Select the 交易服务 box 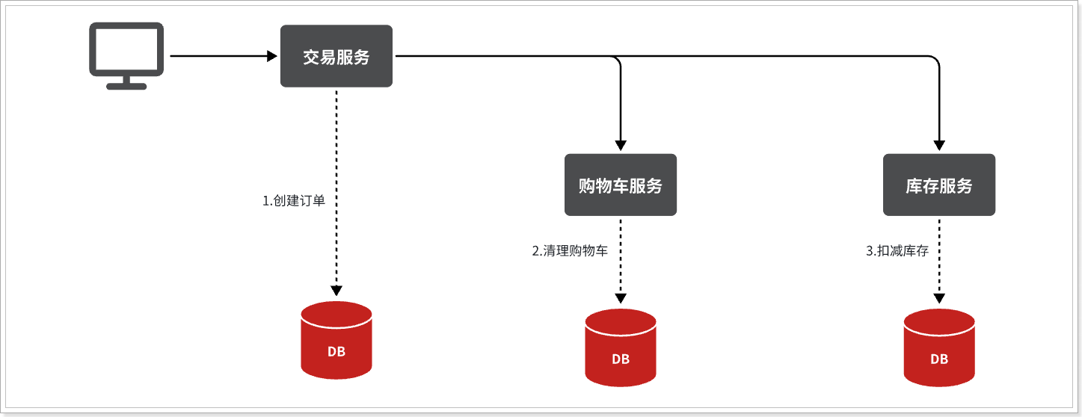pyautogui.click(x=336, y=56)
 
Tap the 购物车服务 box pyautogui.click(x=620, y=185)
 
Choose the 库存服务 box pyautogui.click(x=939, y=185)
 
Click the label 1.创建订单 pyautogui.click(x=294, y=201)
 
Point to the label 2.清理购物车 pyautogui.click(x=570, y=251)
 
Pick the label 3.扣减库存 pyautogui.click(x=897, y=251)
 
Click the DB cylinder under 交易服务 pyautogui.click(x=336, y=340)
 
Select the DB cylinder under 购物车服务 pyautogui.click(x=620, y=347)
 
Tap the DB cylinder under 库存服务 pyautogui.click(x=939, y=347)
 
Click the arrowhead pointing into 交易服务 pyautogui.click(x=272, y=56)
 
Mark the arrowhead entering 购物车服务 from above pyautogui.click(x=621, y=145)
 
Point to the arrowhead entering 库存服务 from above pyautogui.click(x=939, y=145)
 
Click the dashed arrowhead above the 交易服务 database pyautogui.click(x=336, y=290)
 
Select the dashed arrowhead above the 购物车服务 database pyautogui.click(x=621, y=298)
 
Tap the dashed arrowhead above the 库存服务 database pyautogui.click(x=939, y=298)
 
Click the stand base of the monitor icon pyautogui.click(x=126, y=87)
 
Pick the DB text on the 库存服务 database pyautogui.click(x=939, y=359)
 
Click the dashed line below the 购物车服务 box pyautogui.click(x=621, y=256)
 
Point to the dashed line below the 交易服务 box pyautogui.click(x=336, y=188)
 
